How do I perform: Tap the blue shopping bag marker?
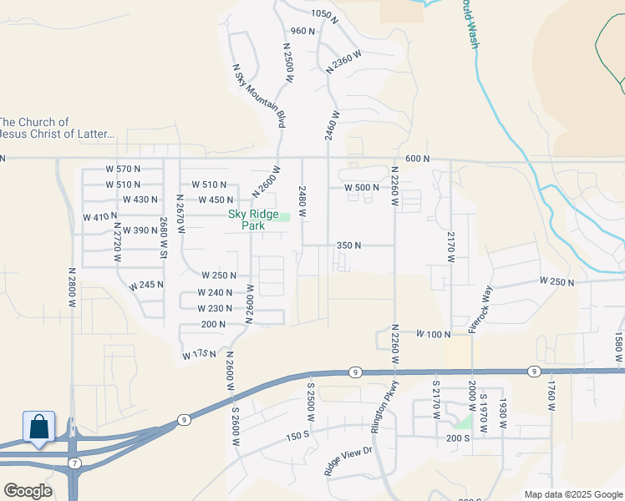point(38,427)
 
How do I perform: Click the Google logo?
point(28,490)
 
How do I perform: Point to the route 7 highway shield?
point(74,463)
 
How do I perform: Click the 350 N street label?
point(348,245)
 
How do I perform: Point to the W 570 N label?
point(123,170)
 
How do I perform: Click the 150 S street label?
point(298,437)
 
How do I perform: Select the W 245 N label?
point(146,286)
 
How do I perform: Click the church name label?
point(57,128)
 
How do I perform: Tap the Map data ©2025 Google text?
point(574,494)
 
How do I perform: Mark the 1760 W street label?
point(551,395)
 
